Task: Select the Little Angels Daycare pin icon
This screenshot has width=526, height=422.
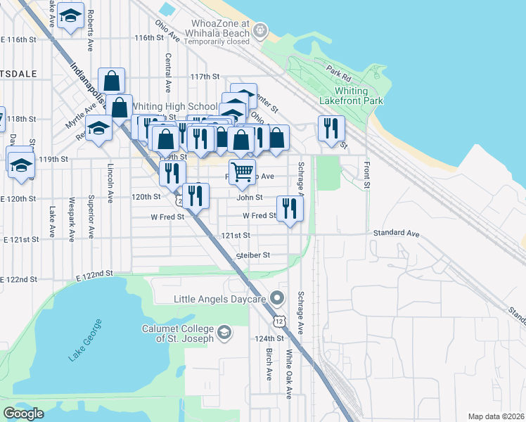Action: click(277, 299)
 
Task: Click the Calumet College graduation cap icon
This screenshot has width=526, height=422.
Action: click(224, 332)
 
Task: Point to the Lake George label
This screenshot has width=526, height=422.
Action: click(85, 340)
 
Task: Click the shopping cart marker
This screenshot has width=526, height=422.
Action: click(242, 171)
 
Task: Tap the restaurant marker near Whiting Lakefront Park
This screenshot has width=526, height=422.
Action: click(329, 128)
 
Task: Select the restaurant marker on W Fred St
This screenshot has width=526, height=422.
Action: click(290, 208)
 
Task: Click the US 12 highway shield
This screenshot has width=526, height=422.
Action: click(280, 321)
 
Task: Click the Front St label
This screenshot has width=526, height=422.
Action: click(367, 175)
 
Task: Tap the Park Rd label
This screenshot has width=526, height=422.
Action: click(338, 71)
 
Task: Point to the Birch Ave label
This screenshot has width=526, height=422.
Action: click(269, 365)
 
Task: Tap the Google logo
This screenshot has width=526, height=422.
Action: click(23, 414)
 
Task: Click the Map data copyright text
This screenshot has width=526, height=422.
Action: click(496, 416)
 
